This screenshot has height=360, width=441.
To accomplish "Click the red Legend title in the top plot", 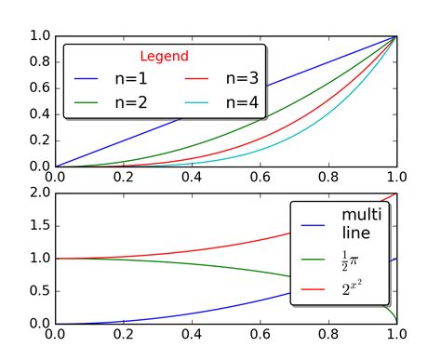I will [x=164, y=57].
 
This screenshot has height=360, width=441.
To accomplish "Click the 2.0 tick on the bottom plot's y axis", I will [x=39, y=193].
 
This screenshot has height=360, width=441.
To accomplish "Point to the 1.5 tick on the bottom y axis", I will [x=39, y=225].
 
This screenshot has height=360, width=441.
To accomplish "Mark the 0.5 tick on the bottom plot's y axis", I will [x=39, y=291].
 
